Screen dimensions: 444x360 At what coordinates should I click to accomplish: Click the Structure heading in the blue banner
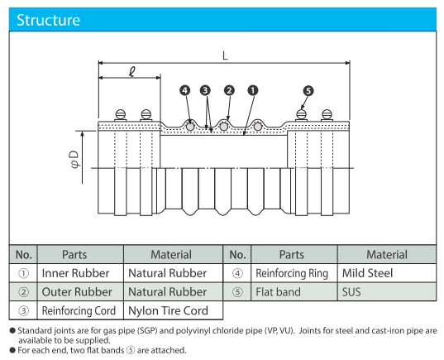(x=49, y=20)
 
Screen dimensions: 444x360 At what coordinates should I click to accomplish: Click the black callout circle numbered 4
(x=185, y=90)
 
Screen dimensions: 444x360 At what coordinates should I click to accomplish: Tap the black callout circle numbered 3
(x=205, y=90)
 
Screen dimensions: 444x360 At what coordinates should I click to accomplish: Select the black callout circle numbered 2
(x=229, y=90)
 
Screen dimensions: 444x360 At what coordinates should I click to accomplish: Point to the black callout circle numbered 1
(x=253, y=90)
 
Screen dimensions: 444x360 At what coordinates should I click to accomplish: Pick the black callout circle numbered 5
(x=308, y=91)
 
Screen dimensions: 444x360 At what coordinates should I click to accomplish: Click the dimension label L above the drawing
(x=225, y=55)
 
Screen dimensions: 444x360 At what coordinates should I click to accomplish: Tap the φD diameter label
(x=74, y=159)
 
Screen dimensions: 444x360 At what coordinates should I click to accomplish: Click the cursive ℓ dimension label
(x=132, y=72)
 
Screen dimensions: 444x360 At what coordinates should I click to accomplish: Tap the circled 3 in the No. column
(x=23, y=310)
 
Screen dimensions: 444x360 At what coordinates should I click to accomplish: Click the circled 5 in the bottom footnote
(x=131, y=350)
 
